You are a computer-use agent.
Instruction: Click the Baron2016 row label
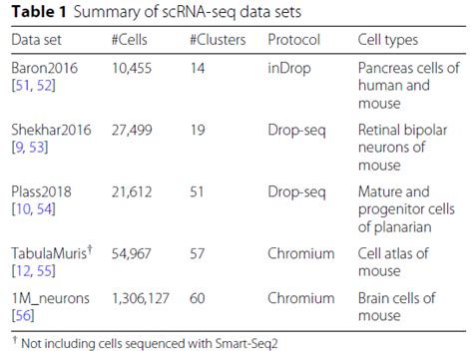(x=43, y=69)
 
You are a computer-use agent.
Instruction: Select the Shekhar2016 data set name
(x=49, y=132)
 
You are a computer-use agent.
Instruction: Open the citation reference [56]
(x=22, y=317)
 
